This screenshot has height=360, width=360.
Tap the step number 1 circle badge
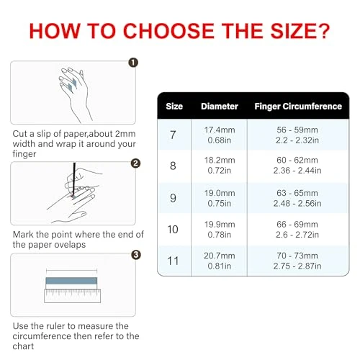tap(132, 62)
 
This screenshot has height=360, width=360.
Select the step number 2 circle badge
tap(135, 163)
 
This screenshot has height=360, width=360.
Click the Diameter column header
tap(219, 107)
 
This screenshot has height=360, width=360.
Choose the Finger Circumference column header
tap(298, 107)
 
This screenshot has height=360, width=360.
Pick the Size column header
tap(174, 107)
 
